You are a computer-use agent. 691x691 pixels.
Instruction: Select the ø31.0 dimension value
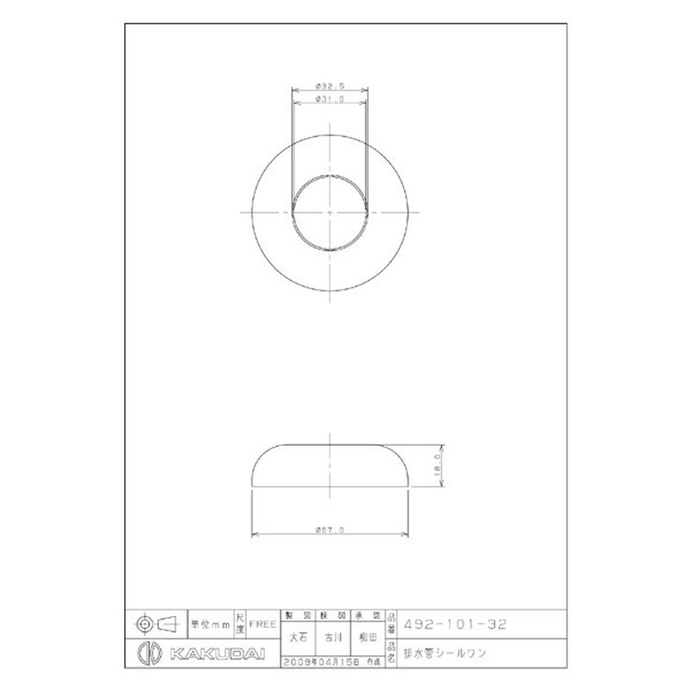[330, 100]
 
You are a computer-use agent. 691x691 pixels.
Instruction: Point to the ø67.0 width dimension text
[330, 529]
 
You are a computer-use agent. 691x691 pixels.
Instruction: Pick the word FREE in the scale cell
[263, 623]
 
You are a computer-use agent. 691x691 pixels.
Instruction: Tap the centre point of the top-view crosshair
[330, 212]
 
